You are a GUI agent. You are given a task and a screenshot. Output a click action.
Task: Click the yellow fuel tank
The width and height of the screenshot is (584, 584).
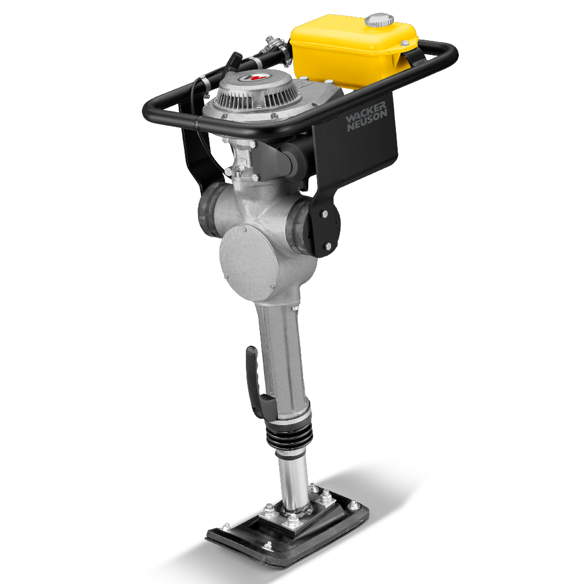click(350, 53)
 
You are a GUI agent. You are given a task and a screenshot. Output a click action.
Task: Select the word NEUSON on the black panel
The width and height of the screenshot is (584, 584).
click(366, 123)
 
